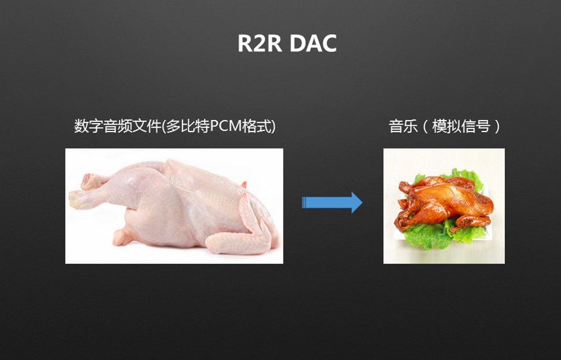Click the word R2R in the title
(260, 43)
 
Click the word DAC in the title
(313, 43)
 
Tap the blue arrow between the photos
(332, 202)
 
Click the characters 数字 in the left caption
(88, 126)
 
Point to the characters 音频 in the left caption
(118, 126)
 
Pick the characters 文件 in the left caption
(147, 126)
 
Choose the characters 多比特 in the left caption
(187, 126)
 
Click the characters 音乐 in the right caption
(403, 126)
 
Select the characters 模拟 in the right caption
(446, 126)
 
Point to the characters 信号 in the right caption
(475, 126)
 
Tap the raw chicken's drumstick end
(76, 199)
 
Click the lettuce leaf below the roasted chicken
(426, 236)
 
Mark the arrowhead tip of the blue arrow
(362, 202)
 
